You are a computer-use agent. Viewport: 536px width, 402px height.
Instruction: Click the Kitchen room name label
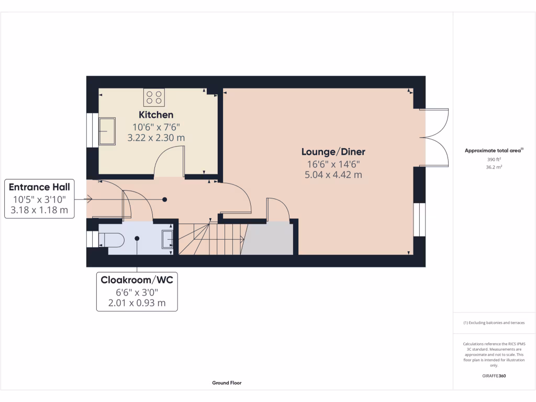tap(155, 115)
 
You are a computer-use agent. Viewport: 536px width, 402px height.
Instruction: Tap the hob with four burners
tap(154, 97)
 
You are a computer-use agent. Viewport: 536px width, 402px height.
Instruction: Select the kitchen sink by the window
tap(108, 131)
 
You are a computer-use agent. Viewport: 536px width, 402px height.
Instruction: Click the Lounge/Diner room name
tap(333, 152)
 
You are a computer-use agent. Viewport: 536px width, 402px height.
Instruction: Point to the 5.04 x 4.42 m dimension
tap(333, 175)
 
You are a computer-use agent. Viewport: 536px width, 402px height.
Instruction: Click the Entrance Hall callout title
tap(39, 187)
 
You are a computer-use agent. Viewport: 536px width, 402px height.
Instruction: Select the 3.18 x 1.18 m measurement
tap(39, 210)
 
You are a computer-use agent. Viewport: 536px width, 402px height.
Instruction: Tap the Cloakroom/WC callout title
tap(137, 280)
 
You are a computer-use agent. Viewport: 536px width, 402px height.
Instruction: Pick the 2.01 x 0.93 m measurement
tap(137, 303)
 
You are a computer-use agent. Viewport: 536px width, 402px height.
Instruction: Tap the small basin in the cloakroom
tap(168, 238)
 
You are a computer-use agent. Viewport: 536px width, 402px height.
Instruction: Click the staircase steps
tap(209, 239)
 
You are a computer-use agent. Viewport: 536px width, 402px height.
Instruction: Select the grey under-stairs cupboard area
tap(268, 239)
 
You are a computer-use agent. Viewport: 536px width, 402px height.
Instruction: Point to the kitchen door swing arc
tap(169, 159)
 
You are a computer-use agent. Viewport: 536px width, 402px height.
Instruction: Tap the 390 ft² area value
tap(494, 159)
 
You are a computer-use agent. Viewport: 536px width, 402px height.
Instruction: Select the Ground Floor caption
tap(227, 383)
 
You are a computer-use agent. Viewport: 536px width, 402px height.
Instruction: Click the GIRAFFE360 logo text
tap(494, 375)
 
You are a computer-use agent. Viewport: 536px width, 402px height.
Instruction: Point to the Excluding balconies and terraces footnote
tap(494, 323)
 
